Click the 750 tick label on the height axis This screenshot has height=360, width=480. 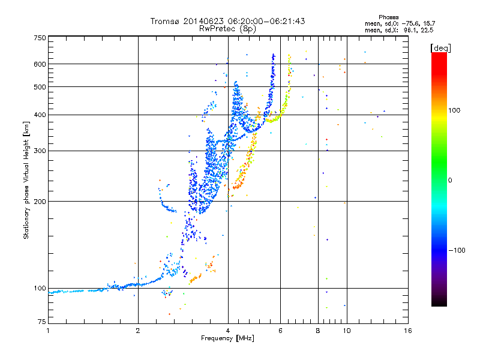pos(40,37)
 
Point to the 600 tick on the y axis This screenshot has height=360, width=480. pos(40,64)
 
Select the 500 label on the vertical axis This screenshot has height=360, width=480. pos(40,87)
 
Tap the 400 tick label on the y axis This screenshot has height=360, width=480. pos(40,115)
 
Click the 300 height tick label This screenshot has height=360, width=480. pos(40,151)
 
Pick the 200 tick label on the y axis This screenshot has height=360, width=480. pos(40,201)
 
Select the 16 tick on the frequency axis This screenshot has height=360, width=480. pos(407,331)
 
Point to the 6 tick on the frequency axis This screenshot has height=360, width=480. pos(280,331)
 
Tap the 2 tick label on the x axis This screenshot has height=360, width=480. pos(138,331)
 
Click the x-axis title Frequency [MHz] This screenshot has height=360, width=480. pos(227,338)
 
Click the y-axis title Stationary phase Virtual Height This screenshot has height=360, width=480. pos(26,180)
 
